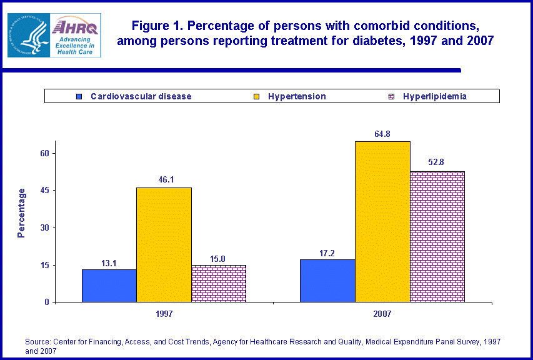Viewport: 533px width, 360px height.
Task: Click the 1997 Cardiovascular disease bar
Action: pyautogui.click(x=109, y=286)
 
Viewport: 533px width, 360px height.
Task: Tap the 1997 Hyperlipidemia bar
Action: pyautogui.click(x=219, y=284)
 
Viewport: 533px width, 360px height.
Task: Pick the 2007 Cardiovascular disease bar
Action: pyautogui.click(x=327, y=281)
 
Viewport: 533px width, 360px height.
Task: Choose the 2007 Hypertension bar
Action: pyautogui.click(x=382, y=222)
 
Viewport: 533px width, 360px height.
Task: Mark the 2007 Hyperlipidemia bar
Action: pyautogui.click(x=437, y=237)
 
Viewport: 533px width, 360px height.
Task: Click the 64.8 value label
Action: pyautogui.click(x=382, y=134)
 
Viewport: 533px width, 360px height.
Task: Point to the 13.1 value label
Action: pyautogui.click(x=109, y=262)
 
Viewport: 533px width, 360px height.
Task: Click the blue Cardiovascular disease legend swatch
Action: pyautogui.click(x=79, y=96)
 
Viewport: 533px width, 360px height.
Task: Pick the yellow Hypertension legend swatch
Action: pyautogui.click(x=256, y=96)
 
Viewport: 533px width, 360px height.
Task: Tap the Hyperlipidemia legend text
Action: pyautogui.click(x=435, y=96)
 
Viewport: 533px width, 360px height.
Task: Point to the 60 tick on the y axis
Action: pyautogui.click(x=45, y=153)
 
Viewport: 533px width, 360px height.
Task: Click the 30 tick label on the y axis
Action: pyautogui.click(x=45, y=227)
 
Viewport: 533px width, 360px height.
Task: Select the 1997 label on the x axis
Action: pyautogui.click(x=164, y=314)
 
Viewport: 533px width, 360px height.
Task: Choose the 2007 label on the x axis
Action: pyautogui.click(x=382, y=314)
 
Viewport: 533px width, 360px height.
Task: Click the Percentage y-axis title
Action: pyautogui.click(x=22, y=212)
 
